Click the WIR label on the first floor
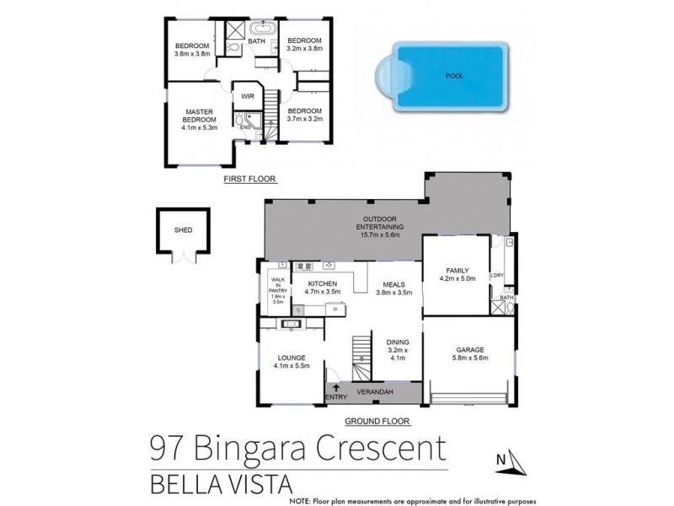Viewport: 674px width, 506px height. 249,97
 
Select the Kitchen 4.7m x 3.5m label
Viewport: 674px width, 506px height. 322,288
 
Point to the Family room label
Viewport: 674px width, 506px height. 457,273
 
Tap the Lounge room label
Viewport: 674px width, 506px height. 292,361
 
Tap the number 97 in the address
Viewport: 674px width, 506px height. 168,447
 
